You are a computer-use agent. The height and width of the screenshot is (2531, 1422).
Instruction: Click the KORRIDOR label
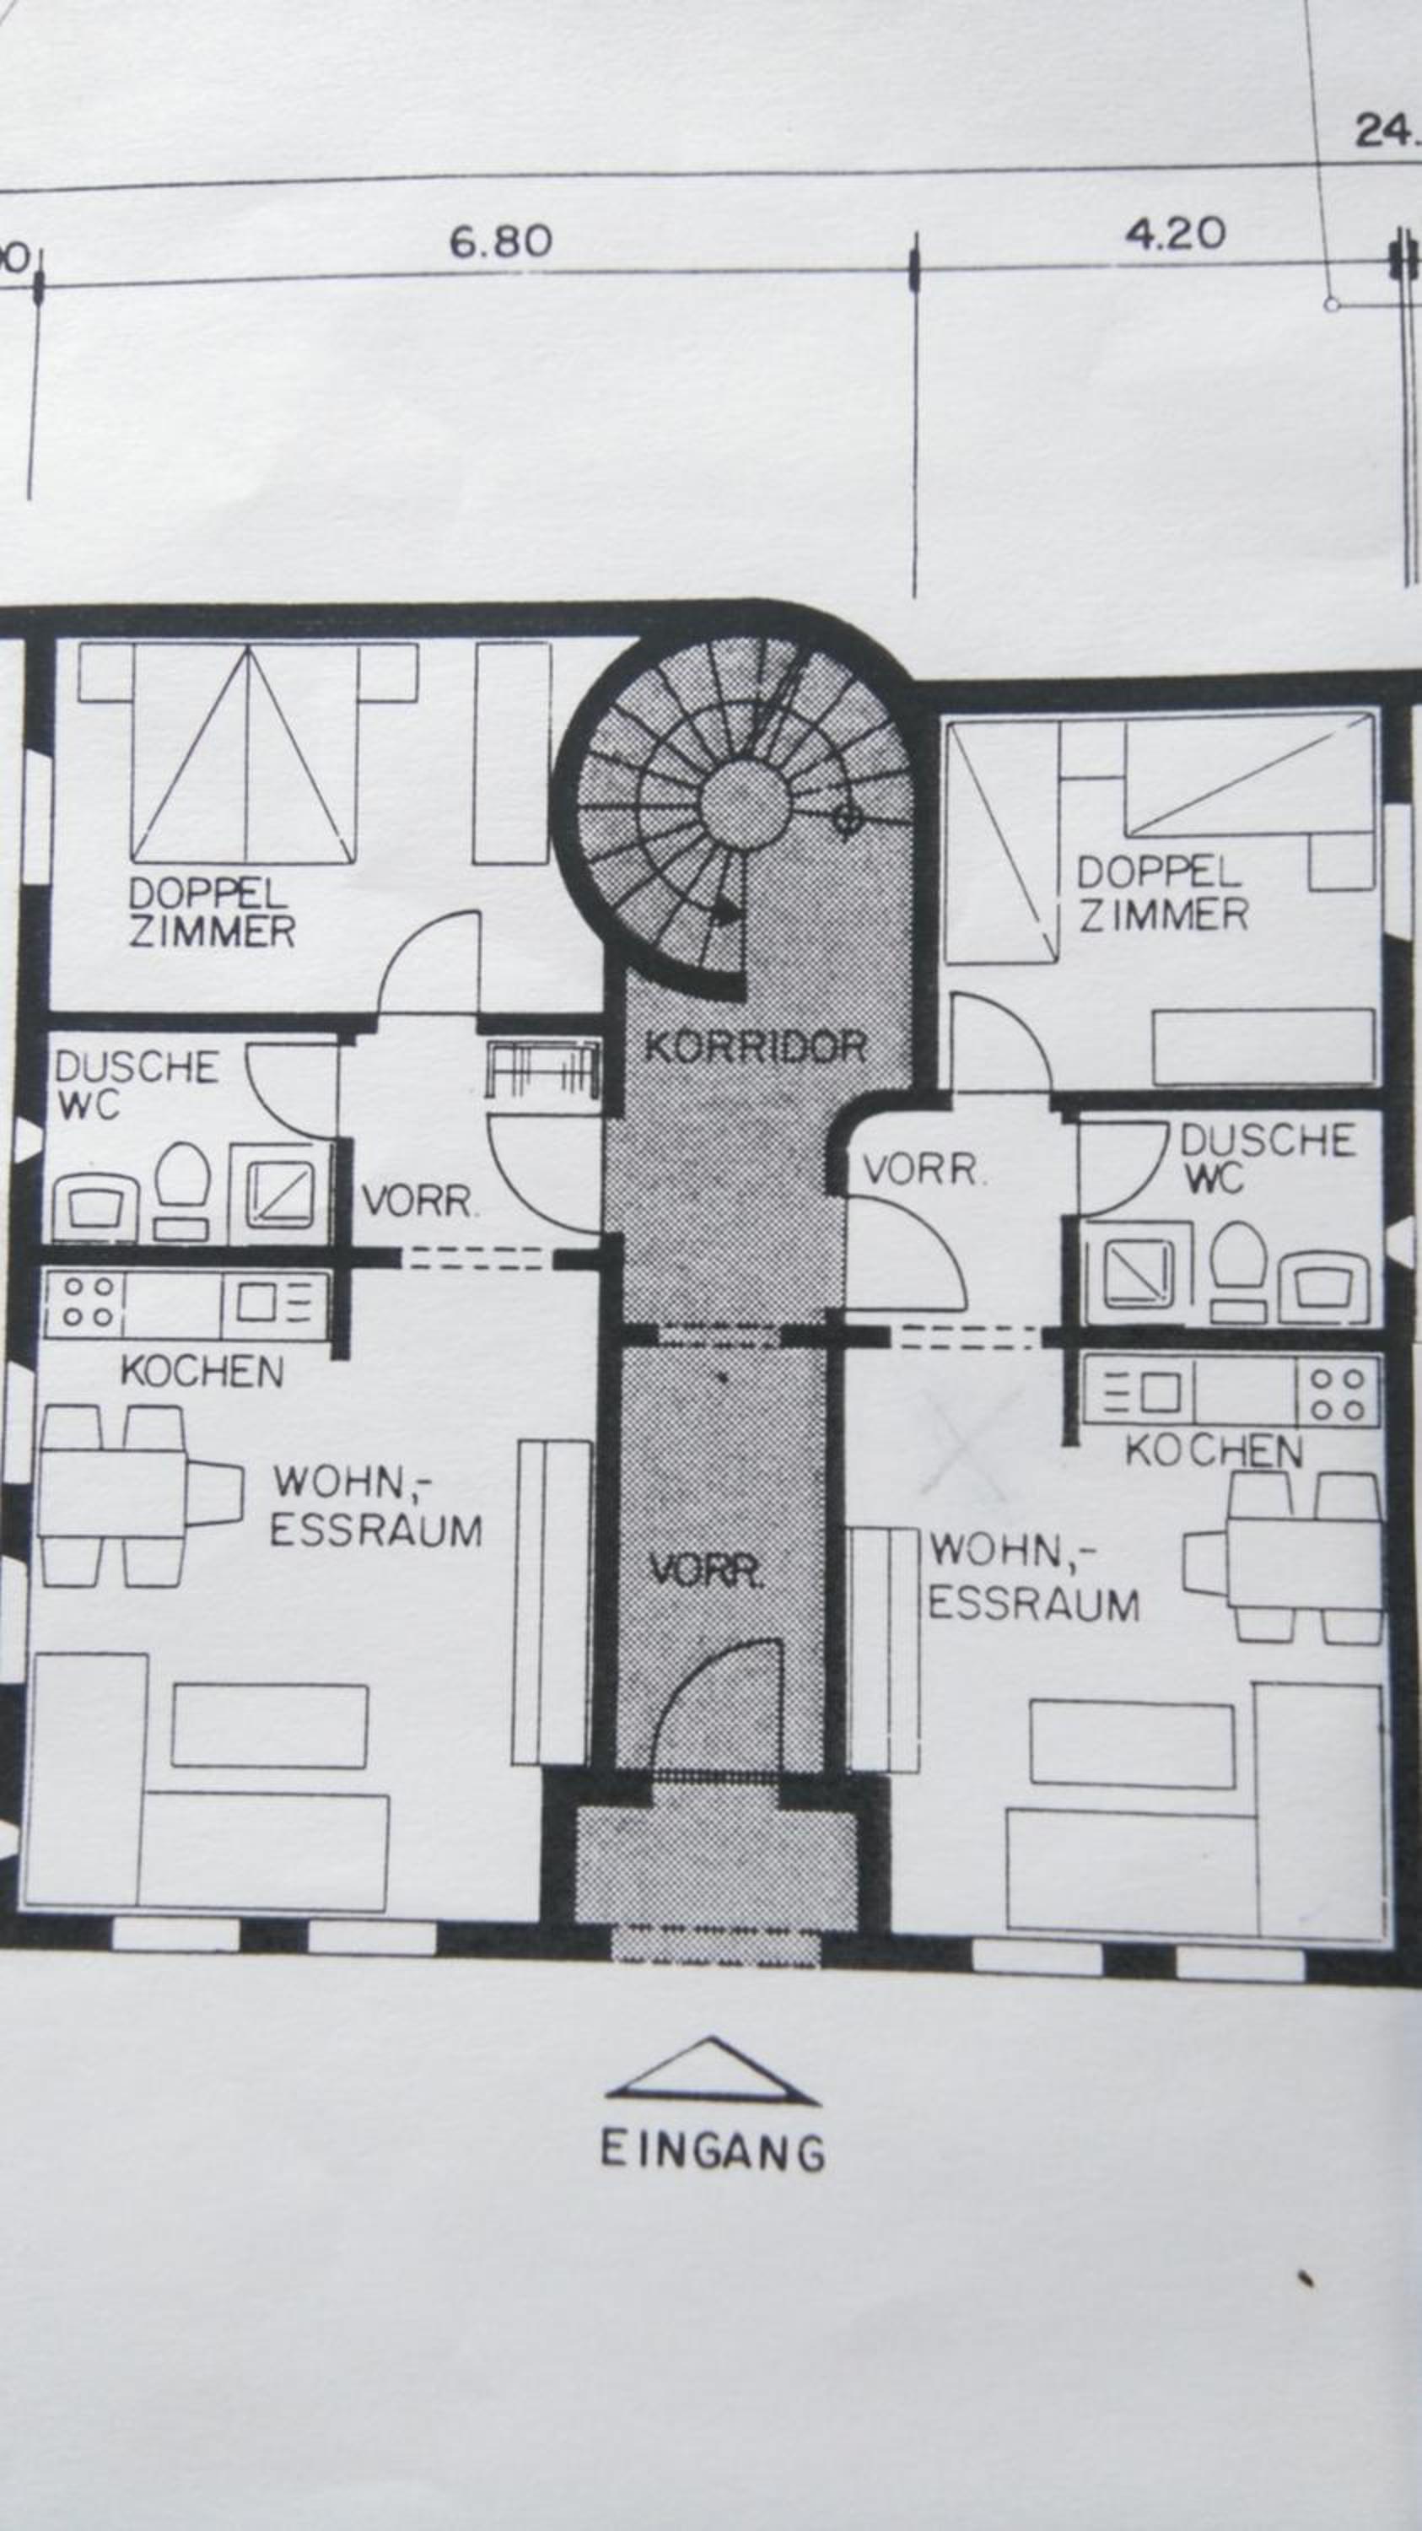point(755,1046)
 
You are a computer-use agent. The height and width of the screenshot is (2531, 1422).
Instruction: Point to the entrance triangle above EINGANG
point(712,2072)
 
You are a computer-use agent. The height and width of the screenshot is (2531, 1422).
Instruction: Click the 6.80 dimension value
point(501,241)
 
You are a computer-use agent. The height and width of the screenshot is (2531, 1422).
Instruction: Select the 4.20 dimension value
point(1176,234)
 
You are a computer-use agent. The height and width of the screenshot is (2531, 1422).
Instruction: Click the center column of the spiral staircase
point(746,800)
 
